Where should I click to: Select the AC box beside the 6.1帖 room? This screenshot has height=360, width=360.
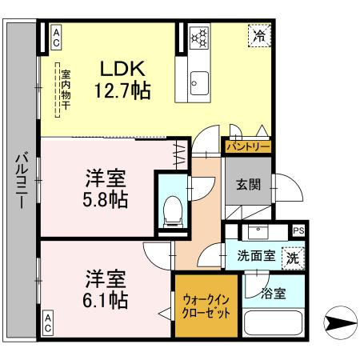coord(47,324)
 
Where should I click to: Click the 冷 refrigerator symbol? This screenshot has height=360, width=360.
coord(258,35)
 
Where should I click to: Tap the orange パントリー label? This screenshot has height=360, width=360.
coord(247,146)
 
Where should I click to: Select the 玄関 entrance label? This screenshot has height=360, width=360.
coord(248,185)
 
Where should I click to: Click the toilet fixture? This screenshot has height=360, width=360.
coord(172,210)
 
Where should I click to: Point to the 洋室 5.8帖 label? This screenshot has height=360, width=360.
coord(107,186)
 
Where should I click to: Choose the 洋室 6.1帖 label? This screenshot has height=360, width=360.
coord(107,290)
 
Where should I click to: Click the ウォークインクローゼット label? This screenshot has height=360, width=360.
coord(206,305)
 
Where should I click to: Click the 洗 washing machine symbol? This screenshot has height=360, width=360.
coord(294,258)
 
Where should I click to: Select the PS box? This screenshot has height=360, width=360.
coord(298,230)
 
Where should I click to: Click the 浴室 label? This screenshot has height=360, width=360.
coord(273,294)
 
